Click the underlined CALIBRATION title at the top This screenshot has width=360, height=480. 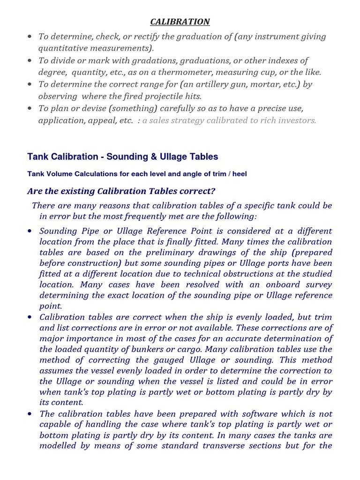(180, 22)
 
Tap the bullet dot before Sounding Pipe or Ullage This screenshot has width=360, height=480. (30, 231)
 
